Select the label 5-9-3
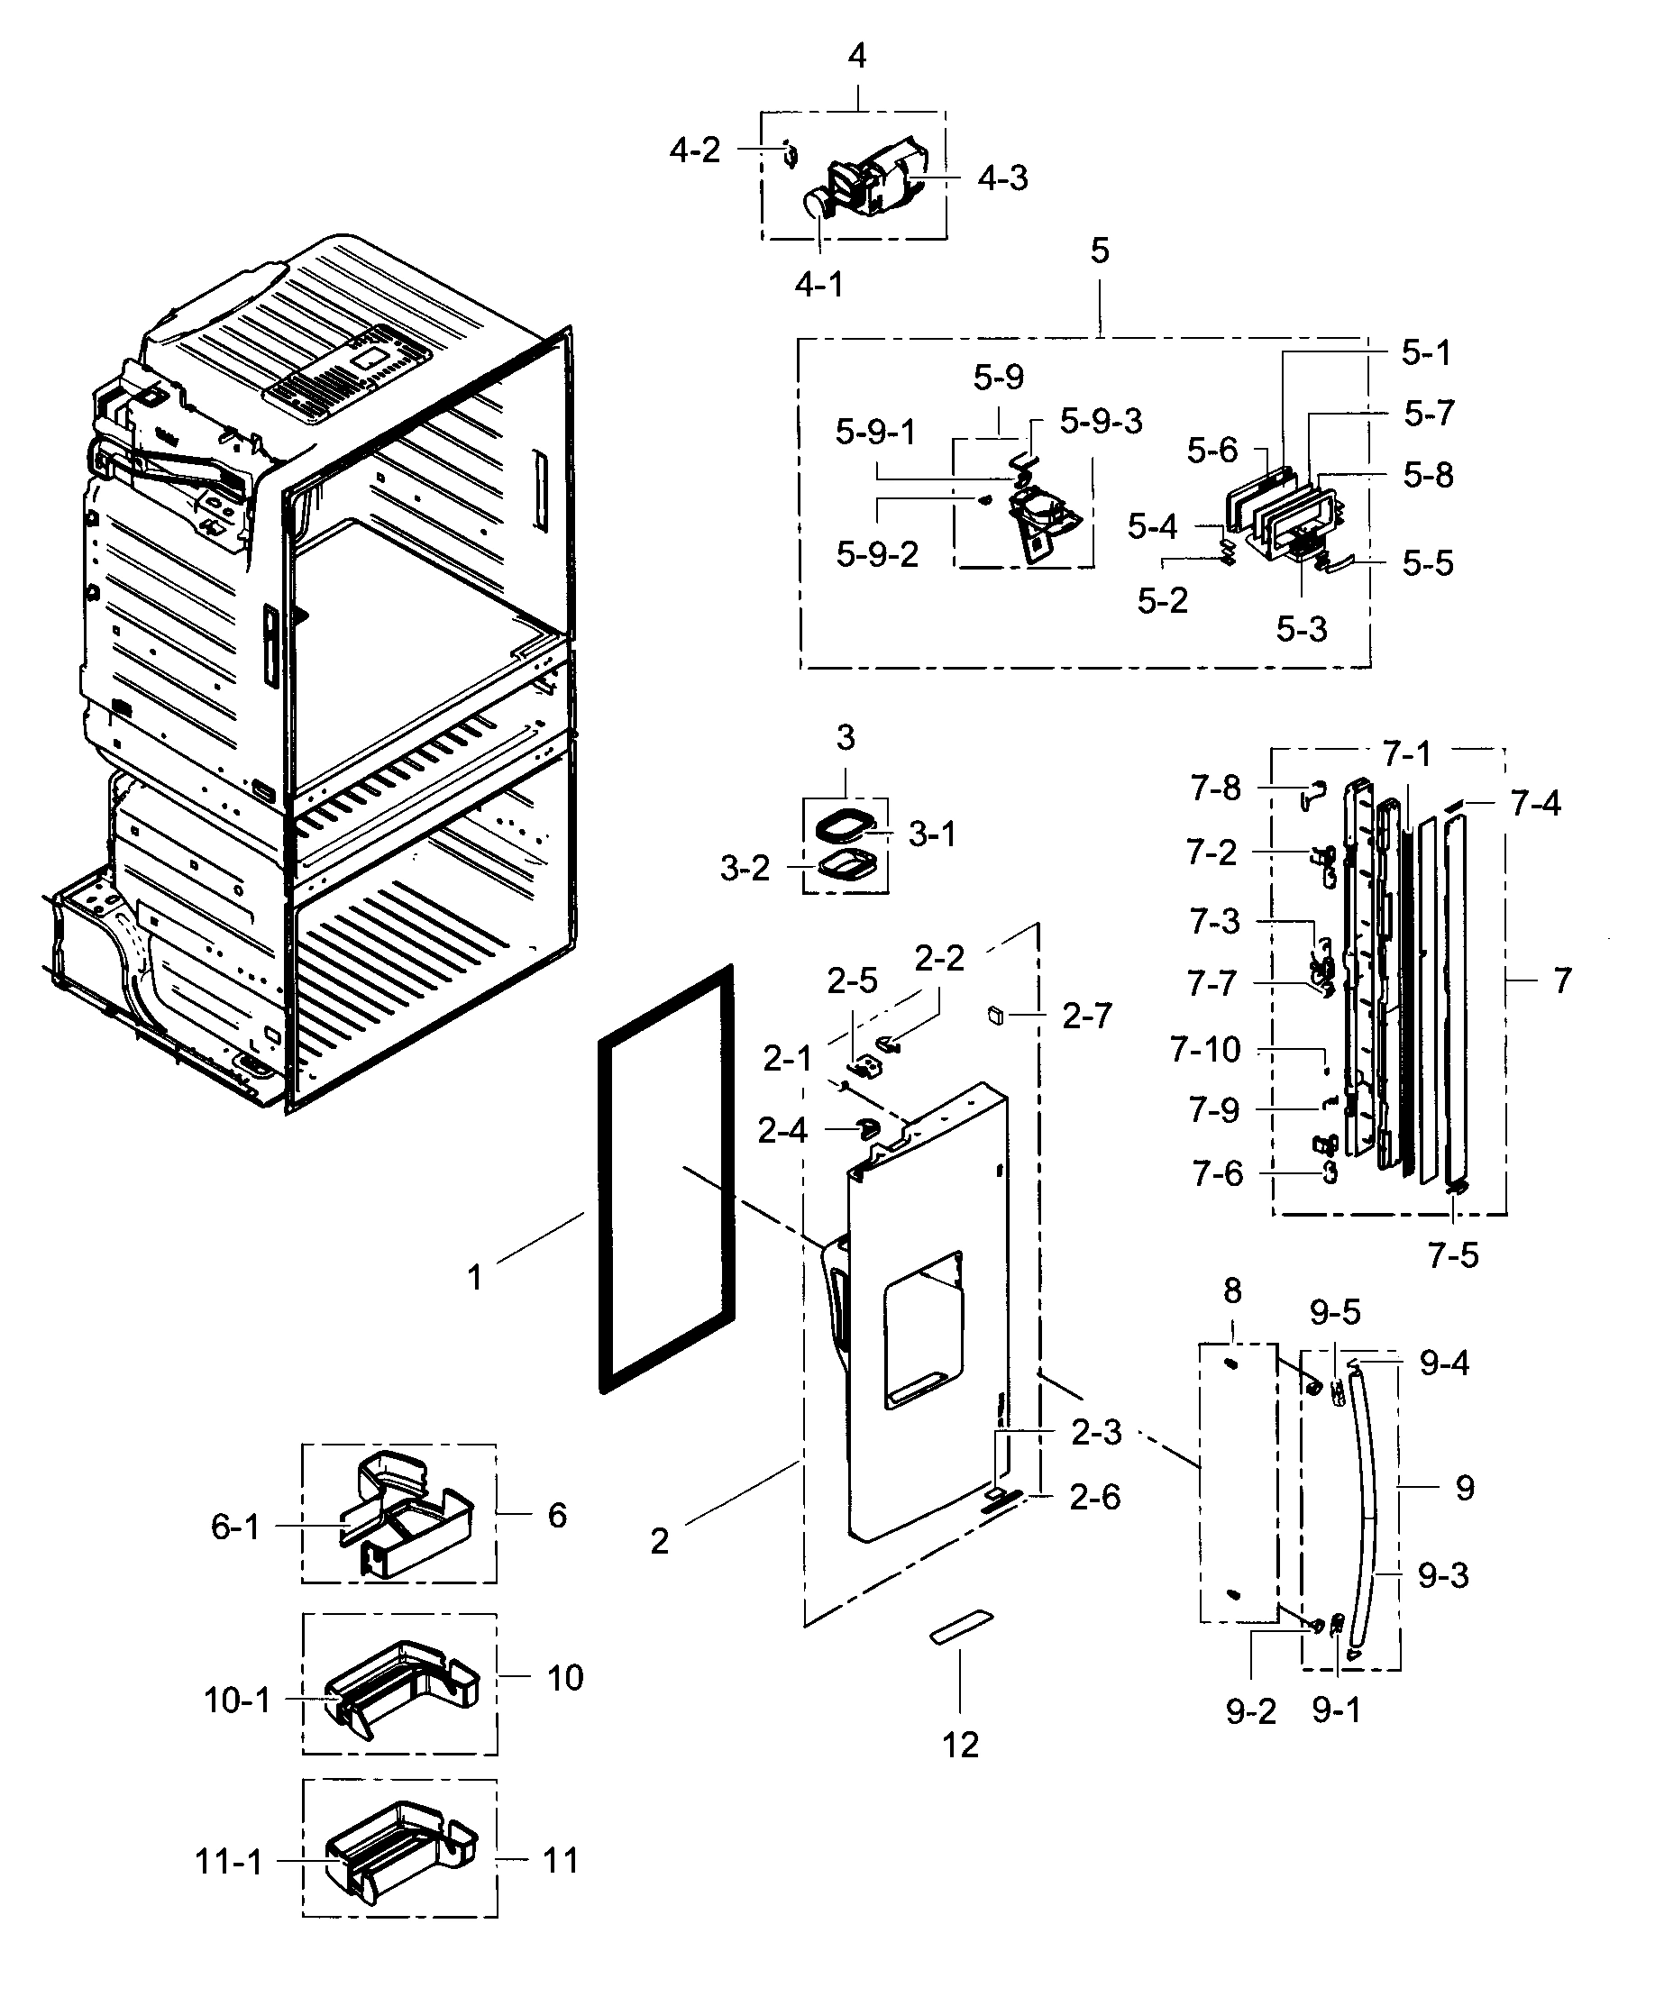1101,420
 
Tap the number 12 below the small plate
960,1744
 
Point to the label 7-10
1205,1050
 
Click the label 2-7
1086,1017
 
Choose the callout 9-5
1334,1312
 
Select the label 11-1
228,1861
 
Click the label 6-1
235,1527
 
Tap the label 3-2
744,867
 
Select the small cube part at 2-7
995,1015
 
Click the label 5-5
1427,563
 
